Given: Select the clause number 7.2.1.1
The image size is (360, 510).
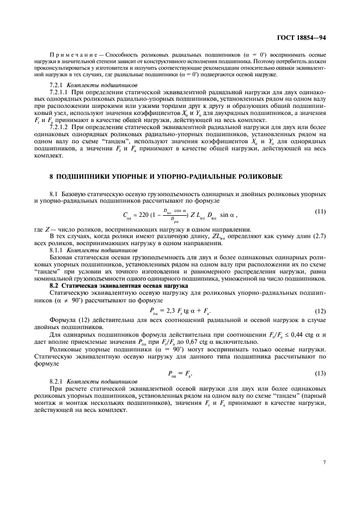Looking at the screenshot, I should tap(61, 92).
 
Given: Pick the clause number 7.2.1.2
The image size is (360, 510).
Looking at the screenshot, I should tap(61, 127).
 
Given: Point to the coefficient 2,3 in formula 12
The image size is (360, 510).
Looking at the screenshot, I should tap(172, 311).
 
